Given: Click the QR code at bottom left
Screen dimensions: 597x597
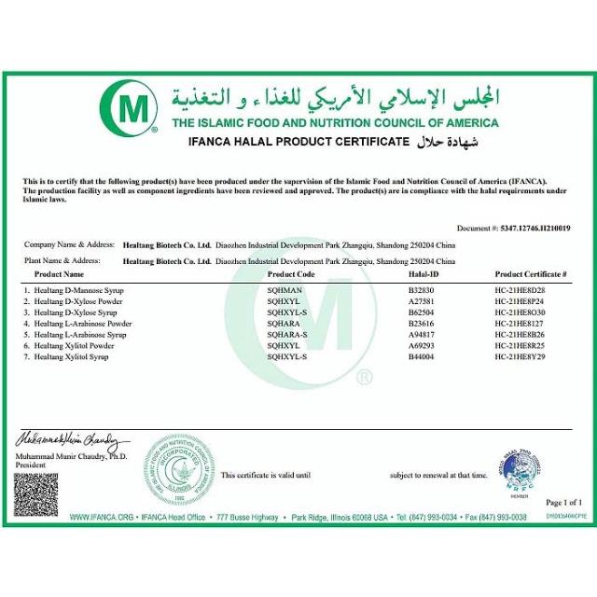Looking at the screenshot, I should pyautogui.click(x=35, y=495).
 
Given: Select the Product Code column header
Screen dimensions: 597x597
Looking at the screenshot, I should pyautogui.click(x=291, y=275).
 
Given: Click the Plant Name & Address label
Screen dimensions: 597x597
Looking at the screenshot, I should pyautogui.click(x=62, y=261).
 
